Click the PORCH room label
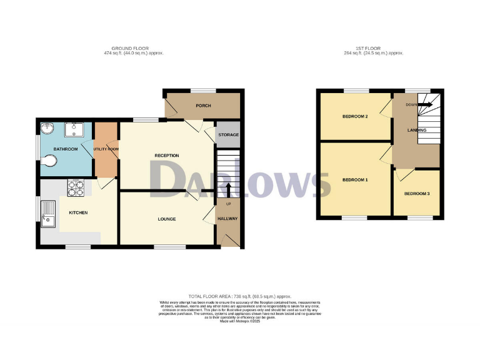(203, 106)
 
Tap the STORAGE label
(227, 135)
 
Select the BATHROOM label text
(65, 149)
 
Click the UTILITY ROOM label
(106, 149)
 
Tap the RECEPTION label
(167, 156)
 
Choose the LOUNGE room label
(166, 219)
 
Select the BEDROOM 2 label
(354, 117)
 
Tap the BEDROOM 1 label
(355, 180)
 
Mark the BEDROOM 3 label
(417, 194)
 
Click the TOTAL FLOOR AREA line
(240, 296)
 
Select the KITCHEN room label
(78, 213)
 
